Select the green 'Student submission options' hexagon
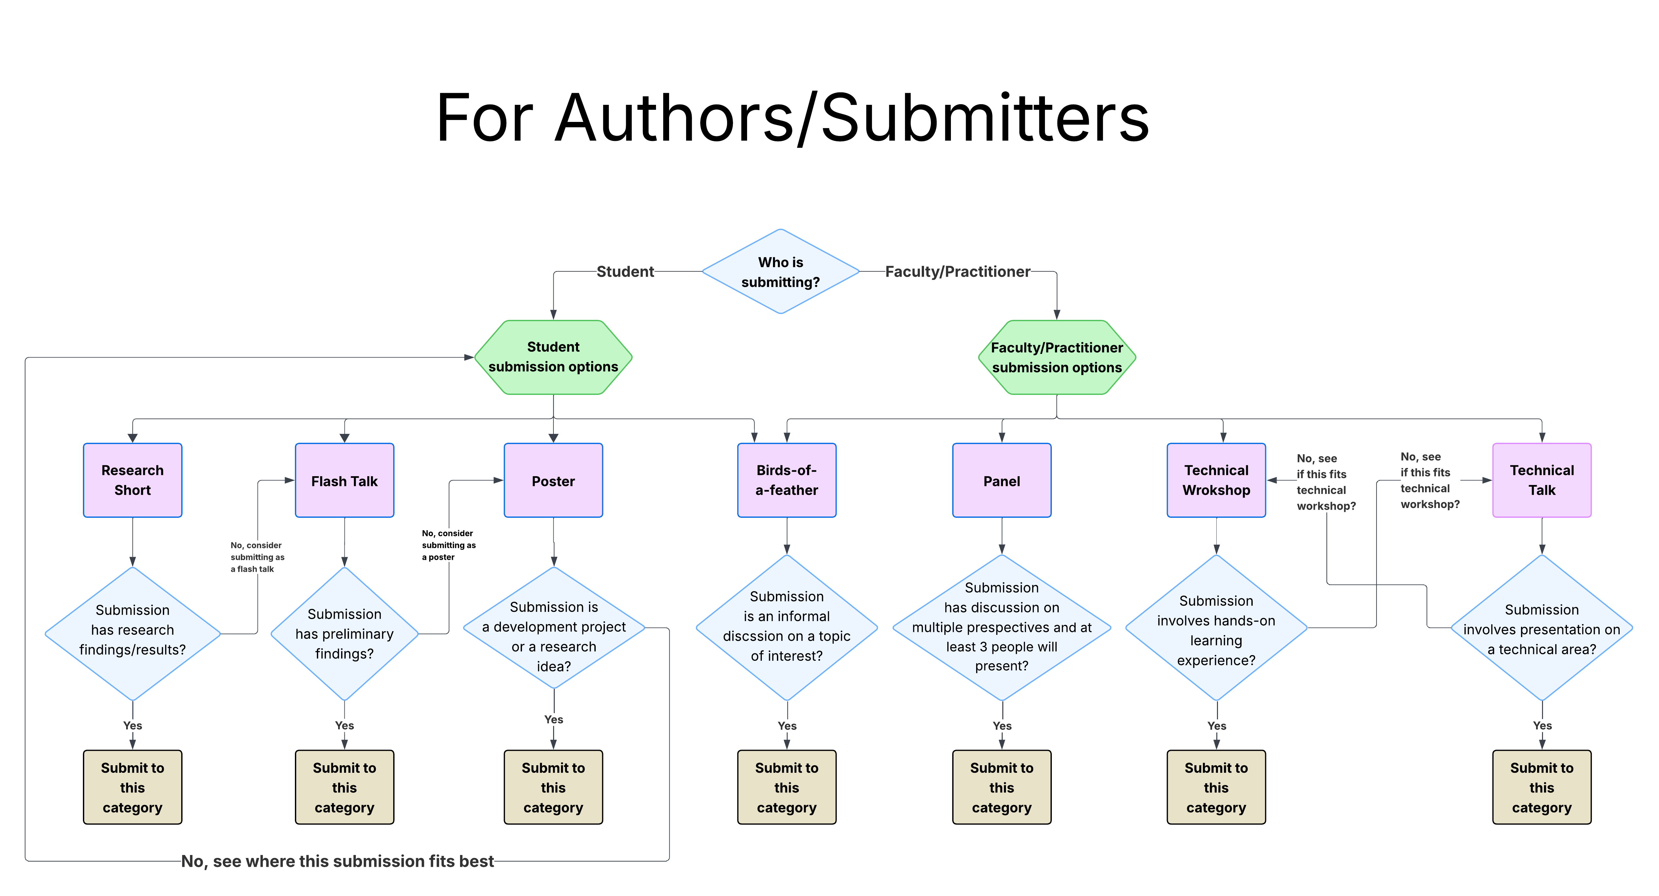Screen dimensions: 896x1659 pyautogui.click(x=553, y=357)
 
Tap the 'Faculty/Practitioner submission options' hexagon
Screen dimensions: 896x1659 pyautogui.click(x=1057, y=358)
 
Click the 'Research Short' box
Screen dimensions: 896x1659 pyautogui.click(x=133, y=480)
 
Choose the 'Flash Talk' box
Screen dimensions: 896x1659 pyautogui.click(x=345, y=480)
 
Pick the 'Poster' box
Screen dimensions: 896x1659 pyautogui.click(x=553, y=480)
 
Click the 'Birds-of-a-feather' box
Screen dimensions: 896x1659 pyautogui.click(x=786, y=480)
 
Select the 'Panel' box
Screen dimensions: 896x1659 pyautogui.click(x=1001, y=480)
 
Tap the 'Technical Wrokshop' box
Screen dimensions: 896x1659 pyautogui.click(x=1216, y=480)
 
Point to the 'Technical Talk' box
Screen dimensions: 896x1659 pyautogui.click(x=1542, y=480)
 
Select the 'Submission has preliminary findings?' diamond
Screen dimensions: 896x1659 pyautogui.click(x=345, y=634)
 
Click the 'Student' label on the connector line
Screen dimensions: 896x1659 pyautogui.click(x=625, y=272)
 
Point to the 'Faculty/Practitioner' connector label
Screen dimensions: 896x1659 pyautogui.click(x=958, y=272)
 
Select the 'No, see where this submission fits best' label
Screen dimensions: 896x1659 pyautogui.click(x=338, y=861)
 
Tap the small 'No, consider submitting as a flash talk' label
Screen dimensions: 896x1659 pyautogui.click(x=257, y=557)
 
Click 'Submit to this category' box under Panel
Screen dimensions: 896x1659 pyautogui.click(x=1001, y=787)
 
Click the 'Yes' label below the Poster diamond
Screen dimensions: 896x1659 pyautogui.click(x=553, y=719)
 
